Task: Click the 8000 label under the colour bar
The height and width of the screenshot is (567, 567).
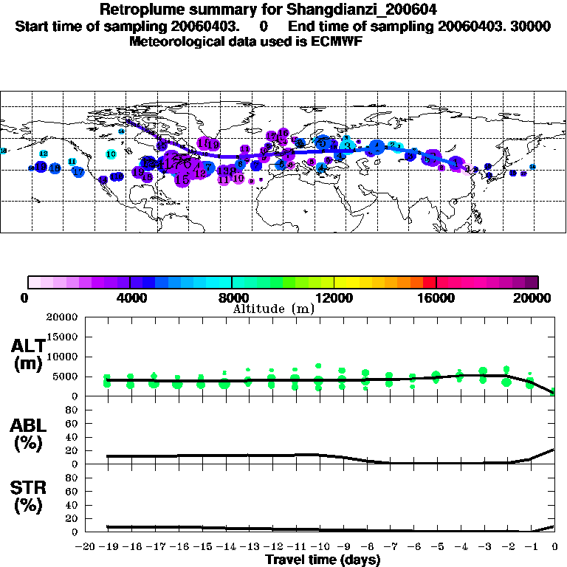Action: (x=232, y=298)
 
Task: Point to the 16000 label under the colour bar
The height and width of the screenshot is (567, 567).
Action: (x=436, y=298)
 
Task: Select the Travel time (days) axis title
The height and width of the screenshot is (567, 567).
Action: (x=323, y=560)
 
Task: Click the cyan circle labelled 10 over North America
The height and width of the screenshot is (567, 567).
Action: (x=111, y=154)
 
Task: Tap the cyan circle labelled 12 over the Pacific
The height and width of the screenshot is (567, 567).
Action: (x=44, y=154)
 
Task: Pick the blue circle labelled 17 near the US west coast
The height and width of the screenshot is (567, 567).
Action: (x=78, y=172)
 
